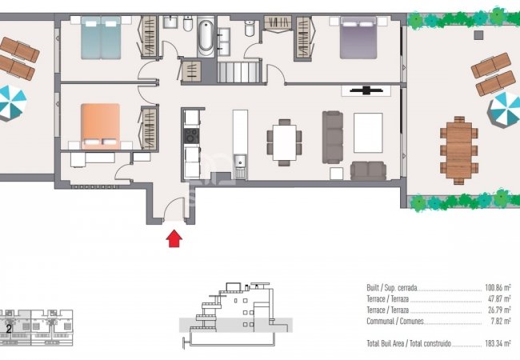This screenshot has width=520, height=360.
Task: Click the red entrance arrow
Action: point(174,238)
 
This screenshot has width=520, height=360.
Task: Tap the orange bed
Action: point(100,126)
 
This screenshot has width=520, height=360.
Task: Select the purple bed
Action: point(358,38)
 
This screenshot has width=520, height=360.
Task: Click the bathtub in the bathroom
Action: point(206,38)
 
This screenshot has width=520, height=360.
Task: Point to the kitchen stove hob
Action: point(192,136)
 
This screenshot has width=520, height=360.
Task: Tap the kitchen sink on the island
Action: point(240,161)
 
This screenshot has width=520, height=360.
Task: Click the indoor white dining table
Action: point(284,142)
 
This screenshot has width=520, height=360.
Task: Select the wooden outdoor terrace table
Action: point(459,150)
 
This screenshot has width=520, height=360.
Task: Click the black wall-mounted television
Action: point(366,90)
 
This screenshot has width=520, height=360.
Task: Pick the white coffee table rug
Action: point(368,133)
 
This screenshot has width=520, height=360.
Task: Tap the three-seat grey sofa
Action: point(333,138)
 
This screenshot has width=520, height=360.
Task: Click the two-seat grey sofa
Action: point(368,170)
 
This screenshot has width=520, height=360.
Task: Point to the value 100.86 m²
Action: point(498,287)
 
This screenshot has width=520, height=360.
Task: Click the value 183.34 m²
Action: point(498,343)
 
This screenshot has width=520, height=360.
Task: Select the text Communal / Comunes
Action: point(395,322)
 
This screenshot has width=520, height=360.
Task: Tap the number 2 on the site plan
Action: point(9,329)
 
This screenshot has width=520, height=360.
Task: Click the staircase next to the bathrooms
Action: point(238,72)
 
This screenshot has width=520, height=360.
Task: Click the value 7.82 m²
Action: point(501,322)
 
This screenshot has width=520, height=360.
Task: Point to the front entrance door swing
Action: point(174,208)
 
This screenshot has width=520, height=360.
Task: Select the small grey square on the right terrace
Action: point(478,35)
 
